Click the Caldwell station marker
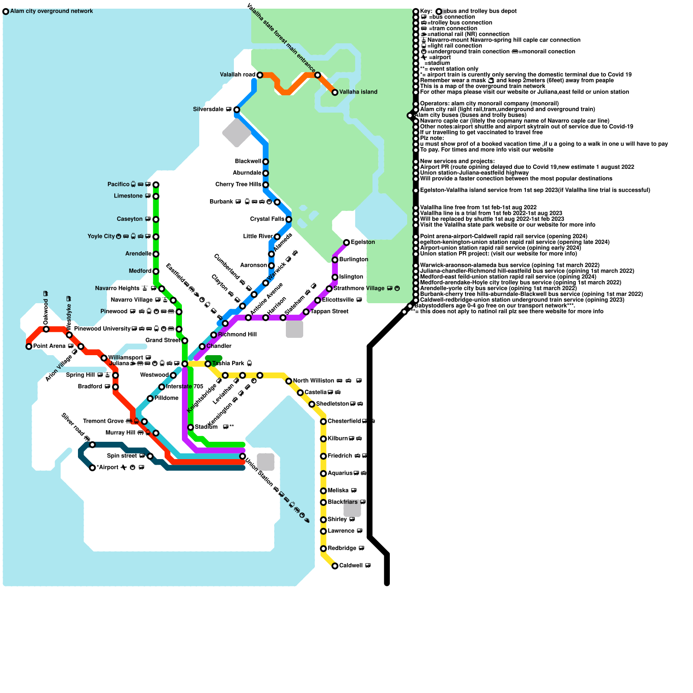335,566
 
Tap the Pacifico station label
118,185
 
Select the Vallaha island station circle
335,92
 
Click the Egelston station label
363,242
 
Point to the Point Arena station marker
29,346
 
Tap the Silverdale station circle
236,110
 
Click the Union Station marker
243,457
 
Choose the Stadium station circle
191,427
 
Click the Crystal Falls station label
267,219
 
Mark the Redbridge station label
342,548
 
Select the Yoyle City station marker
156,236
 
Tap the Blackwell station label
248,162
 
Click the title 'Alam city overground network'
52,11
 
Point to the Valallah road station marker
260,75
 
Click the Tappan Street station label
329,311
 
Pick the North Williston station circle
289,381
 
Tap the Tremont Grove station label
103,421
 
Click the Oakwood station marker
46,329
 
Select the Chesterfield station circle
324,421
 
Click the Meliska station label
338,491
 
